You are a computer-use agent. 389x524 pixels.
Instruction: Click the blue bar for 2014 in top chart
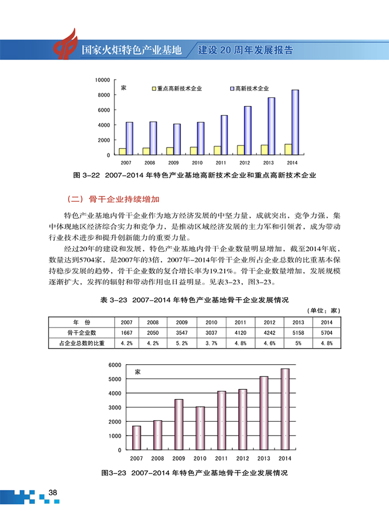295,122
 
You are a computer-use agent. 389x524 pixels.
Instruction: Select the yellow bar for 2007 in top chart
123,151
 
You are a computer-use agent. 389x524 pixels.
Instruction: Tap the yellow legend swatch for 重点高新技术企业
153,88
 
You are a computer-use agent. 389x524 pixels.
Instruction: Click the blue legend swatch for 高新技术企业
232,88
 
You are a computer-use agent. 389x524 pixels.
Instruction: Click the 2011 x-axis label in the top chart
221,162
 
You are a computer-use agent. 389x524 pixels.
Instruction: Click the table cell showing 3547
182,333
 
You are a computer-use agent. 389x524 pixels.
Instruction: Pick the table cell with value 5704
326,333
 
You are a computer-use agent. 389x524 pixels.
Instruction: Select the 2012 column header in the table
269,323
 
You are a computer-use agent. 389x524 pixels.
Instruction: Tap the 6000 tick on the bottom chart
115,365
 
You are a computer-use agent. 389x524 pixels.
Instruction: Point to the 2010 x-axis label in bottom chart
200,458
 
